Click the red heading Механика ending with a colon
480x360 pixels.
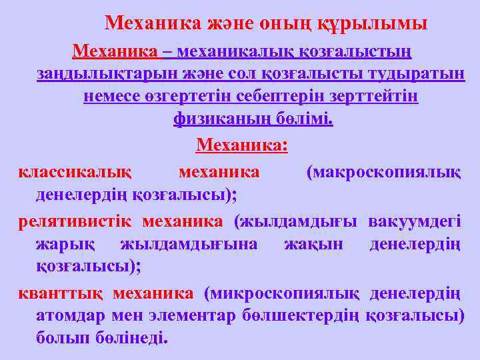coord(242,145)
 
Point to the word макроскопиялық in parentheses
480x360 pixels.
coord(383,172)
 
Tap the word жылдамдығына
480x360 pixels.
coord(189,244)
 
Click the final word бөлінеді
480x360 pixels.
coord(133,338)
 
